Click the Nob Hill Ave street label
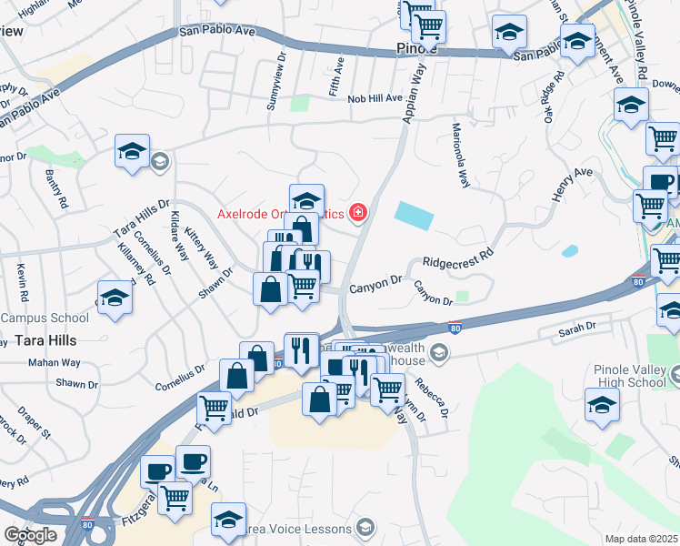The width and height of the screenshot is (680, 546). click(x=374, y=98)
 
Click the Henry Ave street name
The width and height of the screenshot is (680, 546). click(x=571, y=185)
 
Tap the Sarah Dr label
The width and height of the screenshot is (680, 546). click(x=577, y=326)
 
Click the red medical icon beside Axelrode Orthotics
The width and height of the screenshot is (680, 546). click(x=358, y=213)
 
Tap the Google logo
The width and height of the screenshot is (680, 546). click(x=29, y=535)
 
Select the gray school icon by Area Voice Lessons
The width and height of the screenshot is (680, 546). click(x=365, y=528)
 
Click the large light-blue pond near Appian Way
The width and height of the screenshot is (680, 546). click(x=415, y=216)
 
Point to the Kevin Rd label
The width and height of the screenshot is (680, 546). click(x=22, y=283)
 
